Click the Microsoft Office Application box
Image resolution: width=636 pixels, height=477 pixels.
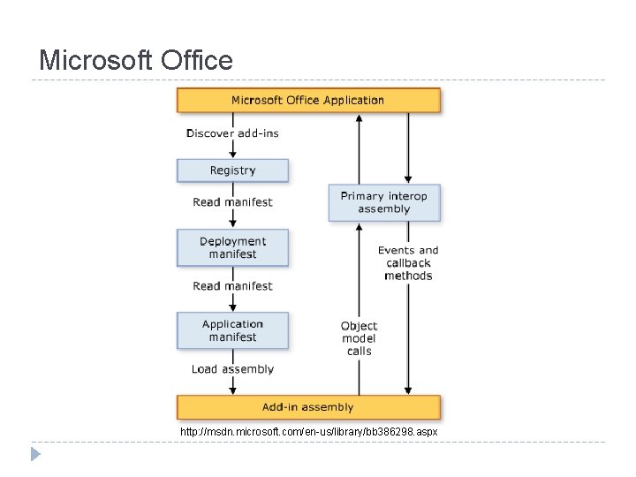(x=308, y=100)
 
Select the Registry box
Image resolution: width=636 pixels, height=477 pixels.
(x=232, y=170)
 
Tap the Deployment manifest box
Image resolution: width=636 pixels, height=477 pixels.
(x=232, y=247)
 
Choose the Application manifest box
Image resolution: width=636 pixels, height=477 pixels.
(x=232, y=330)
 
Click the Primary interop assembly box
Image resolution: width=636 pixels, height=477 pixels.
(x=384, y=202)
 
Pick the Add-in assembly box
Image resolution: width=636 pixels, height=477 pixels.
(x=308, y=407)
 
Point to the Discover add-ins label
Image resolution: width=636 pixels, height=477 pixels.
(x=232, y=133)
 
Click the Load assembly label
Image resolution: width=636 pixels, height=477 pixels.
(x=232, y=369)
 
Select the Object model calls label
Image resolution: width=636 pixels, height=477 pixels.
(x=359, y=338)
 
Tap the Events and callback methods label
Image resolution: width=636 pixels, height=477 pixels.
(x=408, y=263)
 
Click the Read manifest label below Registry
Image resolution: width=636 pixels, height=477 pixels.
(x=232, y=202)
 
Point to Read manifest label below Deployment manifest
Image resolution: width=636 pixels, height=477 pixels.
(x=232, y=286)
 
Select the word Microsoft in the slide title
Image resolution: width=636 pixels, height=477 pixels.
(x=95, y=60)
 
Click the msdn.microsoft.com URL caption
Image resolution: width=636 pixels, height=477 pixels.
(x=308, y=432)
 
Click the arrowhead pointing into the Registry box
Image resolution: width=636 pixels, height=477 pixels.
(x=232, y=154)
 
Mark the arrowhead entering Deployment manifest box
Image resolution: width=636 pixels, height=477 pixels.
(x=232, y=224)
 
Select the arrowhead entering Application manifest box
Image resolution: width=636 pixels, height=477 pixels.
(x=232, y=307)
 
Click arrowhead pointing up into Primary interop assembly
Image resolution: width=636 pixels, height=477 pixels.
(x=359, y=227)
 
